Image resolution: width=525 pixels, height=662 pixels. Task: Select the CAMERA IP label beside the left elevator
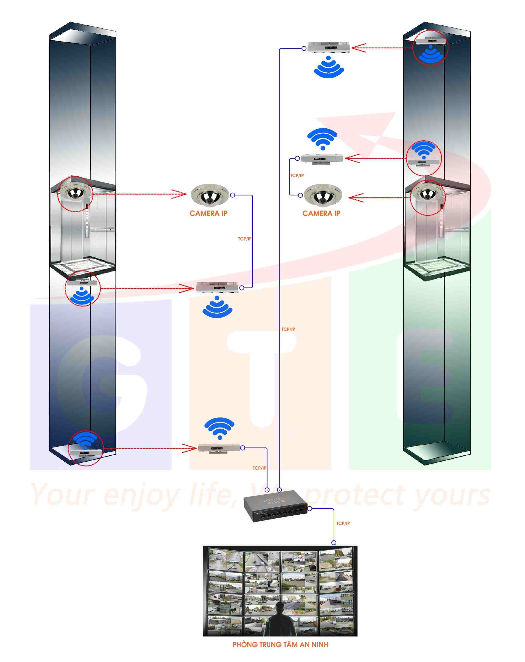coord(208,213)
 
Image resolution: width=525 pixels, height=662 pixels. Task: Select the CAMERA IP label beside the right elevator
coord(321,213)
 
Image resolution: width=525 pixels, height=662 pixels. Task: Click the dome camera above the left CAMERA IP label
coord(209,194)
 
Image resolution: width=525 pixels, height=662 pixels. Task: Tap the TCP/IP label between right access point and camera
coord(296,175)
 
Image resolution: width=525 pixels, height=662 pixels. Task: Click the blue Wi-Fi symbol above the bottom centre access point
coord(219,428)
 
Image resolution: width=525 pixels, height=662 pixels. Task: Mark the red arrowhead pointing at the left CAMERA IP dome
coord(180,194)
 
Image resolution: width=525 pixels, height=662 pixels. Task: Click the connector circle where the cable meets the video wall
coord(333,542)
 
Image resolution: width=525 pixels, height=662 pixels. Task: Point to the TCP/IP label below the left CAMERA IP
coord(244,239)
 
